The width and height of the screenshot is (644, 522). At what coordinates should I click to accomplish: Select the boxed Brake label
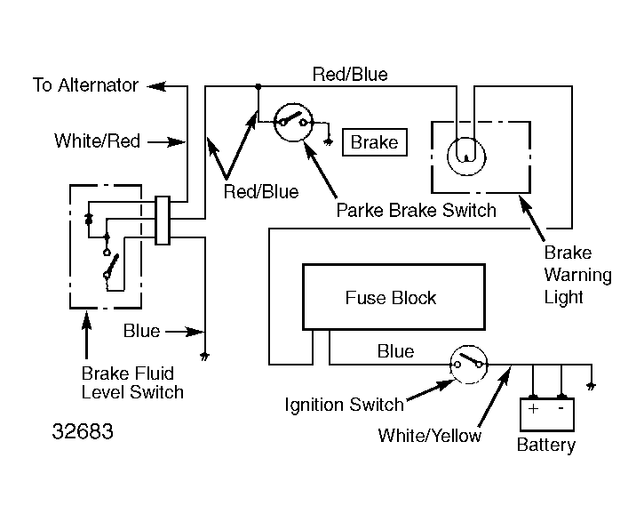pos(375,142)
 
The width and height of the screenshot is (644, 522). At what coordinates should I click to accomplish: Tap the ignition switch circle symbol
pos(468,364)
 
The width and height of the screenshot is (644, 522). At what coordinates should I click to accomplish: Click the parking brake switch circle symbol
pos(291,123)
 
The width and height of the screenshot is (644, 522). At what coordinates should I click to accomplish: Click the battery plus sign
pos(534,410)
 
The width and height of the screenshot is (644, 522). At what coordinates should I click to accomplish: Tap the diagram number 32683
pos(83,432)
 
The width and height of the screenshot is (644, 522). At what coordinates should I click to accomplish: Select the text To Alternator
pos(85,85)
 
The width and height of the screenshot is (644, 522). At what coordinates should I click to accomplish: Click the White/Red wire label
pos(97,141)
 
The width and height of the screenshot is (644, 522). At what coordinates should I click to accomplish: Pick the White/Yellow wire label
pos(429,436)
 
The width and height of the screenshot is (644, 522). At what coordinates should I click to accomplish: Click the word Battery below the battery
pos(545,445)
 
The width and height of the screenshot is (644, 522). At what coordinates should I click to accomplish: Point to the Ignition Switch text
pos(344,406)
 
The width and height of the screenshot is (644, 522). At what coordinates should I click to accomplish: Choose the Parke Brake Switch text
pos(416,211)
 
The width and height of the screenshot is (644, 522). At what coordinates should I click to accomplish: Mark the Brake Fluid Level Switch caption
pos(132,382)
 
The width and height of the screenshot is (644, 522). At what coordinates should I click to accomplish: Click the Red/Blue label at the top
pos(350,75)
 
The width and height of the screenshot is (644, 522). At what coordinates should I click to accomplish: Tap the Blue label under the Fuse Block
pos(395,351)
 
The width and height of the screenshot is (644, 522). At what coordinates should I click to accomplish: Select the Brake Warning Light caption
pos(577,275)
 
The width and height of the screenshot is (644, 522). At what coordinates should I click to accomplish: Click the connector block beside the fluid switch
pos(163,220)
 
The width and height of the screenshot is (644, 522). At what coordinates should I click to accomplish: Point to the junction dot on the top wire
pos(258,86)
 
